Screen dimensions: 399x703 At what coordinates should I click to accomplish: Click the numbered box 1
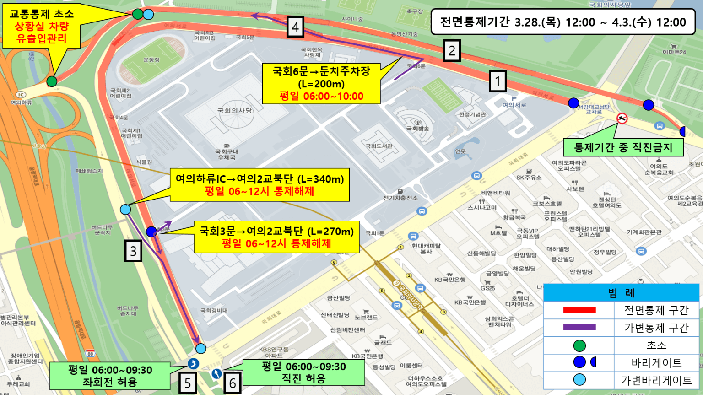498,81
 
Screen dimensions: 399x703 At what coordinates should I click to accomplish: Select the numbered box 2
452,50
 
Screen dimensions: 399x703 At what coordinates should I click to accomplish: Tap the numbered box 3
133,251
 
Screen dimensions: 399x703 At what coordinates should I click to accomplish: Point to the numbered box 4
295,27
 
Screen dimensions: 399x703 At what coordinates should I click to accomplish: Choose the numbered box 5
188,383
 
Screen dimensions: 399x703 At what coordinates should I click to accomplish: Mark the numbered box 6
233,383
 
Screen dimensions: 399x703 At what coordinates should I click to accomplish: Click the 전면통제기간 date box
563,22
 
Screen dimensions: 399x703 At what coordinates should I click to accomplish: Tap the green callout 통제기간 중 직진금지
623,147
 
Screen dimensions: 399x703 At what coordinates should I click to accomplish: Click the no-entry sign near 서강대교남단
622,119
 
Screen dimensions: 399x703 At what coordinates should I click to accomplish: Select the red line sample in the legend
579,310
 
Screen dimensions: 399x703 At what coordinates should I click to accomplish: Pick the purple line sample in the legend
579,327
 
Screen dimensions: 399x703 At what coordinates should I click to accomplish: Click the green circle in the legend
579,345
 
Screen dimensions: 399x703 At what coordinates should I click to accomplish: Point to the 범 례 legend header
621,293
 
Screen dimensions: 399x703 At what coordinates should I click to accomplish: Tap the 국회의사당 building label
234,110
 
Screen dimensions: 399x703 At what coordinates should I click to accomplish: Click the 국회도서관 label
379,146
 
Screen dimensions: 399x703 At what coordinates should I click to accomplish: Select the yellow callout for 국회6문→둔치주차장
321,84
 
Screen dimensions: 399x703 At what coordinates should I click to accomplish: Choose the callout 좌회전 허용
110,376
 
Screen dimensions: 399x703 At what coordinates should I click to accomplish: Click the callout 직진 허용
303,372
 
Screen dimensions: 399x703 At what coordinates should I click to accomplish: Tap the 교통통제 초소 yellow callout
42,27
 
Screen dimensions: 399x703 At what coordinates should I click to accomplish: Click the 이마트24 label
674,52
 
